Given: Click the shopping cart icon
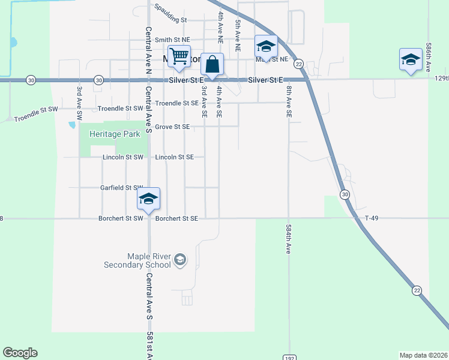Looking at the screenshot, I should [179, 56].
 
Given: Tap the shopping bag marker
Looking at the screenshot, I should [212, 64].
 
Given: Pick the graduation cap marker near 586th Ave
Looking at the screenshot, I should [411, 59].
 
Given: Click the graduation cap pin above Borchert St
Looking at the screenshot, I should [148, 199].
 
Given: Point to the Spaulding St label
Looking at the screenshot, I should [170, 14].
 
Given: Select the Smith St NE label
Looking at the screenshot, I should [172, 40].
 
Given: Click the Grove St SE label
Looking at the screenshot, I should [172, 127].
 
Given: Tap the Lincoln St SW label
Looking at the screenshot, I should [123, 157].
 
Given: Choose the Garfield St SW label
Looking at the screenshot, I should [123, 188].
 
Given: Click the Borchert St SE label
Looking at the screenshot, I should [176, 219].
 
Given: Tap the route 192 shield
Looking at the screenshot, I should [289, 356].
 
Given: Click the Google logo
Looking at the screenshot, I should [20, 353].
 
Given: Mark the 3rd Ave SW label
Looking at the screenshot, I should [79, 100].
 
